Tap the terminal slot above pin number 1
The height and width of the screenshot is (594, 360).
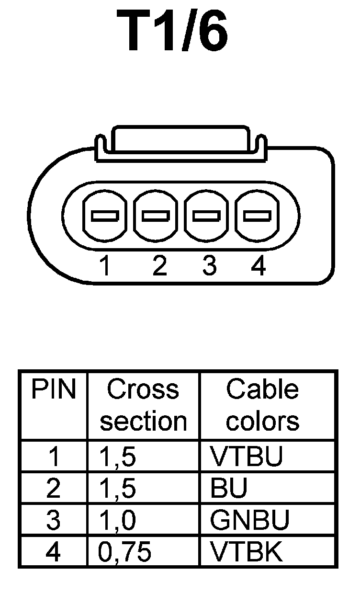pos(105,216)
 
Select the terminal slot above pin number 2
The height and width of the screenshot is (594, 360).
pos(156,216)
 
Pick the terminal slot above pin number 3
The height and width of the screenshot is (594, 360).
pos(207,216)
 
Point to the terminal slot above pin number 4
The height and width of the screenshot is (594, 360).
pos(258,216)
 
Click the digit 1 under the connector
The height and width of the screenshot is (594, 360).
pos(105,266)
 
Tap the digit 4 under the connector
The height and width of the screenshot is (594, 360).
pos(258,266)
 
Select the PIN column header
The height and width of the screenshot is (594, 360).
pos(54,390)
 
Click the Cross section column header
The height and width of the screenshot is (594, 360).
pos(143,405)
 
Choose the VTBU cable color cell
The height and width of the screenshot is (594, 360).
pos(247,457)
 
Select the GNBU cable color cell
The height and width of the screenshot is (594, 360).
pos(250,520)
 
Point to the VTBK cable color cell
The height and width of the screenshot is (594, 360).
pos(247,552)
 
